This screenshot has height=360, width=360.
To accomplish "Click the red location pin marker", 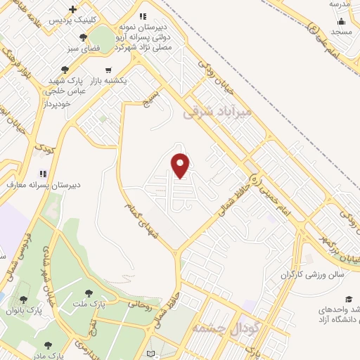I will [x=181, y=166].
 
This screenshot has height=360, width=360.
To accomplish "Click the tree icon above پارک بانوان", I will [x=23, y=300].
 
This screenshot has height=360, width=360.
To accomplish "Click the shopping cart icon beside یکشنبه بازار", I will [x=108, y=70].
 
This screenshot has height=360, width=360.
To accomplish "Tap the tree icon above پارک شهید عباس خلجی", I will [x=65, y=69].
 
